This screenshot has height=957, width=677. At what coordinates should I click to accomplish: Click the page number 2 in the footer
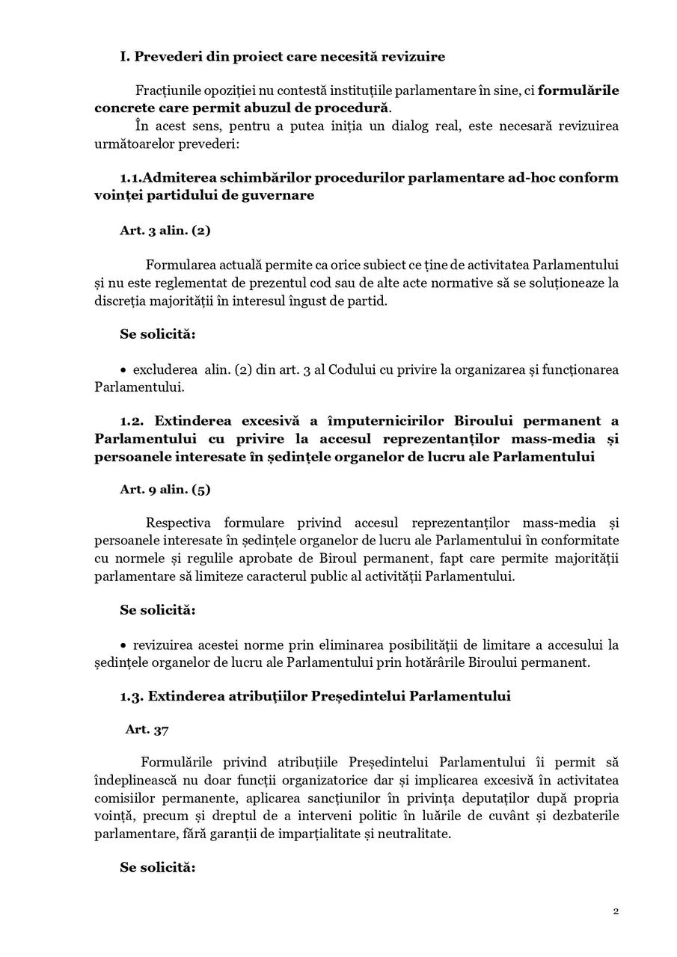(x=616, y=911)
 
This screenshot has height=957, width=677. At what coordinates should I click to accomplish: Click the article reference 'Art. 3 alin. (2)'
(x=165, y=230)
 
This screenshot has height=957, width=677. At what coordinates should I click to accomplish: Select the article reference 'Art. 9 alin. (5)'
(x=165, y=490)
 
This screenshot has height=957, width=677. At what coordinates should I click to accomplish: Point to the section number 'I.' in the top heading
(x=125, y=57)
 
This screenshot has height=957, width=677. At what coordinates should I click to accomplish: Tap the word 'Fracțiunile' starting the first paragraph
(x=168, y=90)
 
